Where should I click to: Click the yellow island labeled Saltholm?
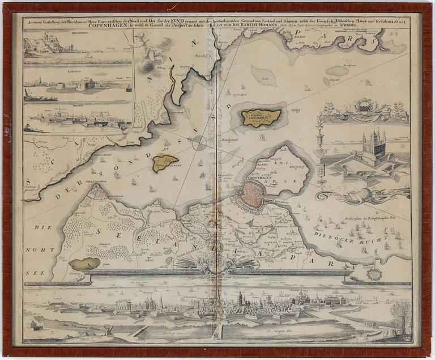(x=261, y=118)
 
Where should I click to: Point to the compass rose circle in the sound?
(x=199, y=143)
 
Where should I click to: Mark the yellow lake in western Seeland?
(x=84, y=264)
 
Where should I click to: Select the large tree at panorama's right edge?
(x=402, y=315)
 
